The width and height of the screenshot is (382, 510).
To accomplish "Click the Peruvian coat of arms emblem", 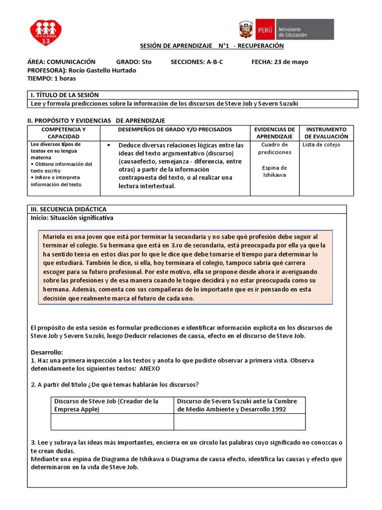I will [x=246, y=29].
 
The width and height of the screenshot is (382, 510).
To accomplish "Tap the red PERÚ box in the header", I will [x=264, y=29].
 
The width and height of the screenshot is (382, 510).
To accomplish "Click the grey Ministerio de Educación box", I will [x=304, y=29].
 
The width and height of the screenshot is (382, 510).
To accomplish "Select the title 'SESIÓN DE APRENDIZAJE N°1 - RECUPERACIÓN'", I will [x=211, y=46].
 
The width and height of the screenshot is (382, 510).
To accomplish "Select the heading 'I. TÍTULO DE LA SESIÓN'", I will [x=65, y=95].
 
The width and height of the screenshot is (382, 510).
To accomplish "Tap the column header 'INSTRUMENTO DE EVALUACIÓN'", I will [x=326, y=132].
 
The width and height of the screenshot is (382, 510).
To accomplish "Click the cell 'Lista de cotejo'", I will [x=321, y=145].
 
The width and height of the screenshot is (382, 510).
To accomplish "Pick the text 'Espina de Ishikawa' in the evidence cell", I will [x=275, y=171].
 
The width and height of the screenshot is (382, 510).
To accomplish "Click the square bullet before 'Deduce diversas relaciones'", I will [x=108, y=145].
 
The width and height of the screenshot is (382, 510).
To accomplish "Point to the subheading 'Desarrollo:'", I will [x=47, y=352].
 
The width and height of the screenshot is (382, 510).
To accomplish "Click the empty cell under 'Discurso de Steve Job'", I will [x=112, y=421].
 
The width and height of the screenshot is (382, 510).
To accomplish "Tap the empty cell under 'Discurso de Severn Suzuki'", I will [x=239, y=421].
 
